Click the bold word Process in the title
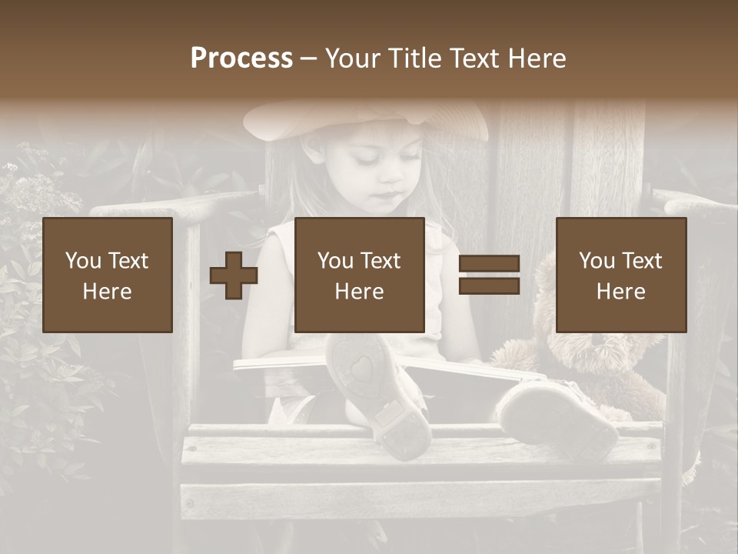click(241, 58)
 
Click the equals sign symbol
click(489, 275)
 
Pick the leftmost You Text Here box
click(108, 275)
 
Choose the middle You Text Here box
click(359, 275)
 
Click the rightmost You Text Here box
click(620, 275)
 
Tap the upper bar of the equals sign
click(489, 265)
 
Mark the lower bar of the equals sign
click(489, 286)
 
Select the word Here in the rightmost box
click(620, 291)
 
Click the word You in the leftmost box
click(81, 260)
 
